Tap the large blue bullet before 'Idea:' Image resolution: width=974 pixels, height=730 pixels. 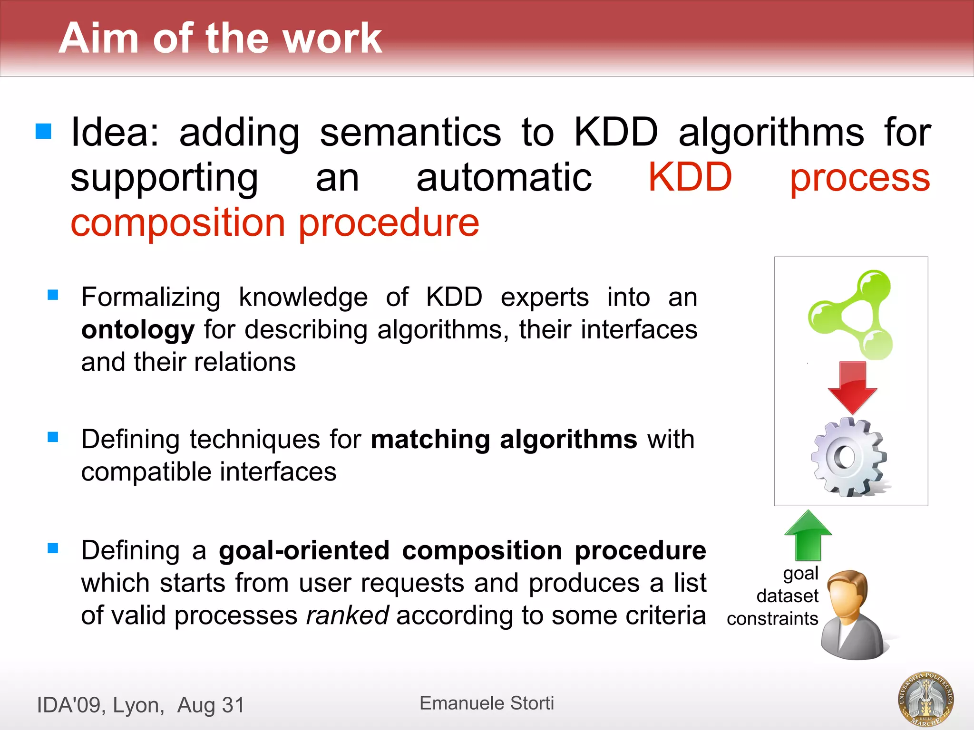tap(43, 131)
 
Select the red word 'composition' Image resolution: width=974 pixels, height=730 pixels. tap(178, 222)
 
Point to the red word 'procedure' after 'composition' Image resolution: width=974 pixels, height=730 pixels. tap(389, 222)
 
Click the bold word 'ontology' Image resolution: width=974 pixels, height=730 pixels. tap(138, 330)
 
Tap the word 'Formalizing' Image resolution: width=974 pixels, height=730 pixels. tap(151, 298)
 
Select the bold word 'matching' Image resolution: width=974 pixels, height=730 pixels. tap(430, 439)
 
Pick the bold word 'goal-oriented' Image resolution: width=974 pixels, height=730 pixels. tap(304, 550)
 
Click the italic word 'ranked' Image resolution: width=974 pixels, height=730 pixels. tap(347, 615)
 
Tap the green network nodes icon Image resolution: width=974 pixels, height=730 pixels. tap(850, 315)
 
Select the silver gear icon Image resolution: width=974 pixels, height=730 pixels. tap(849, 457)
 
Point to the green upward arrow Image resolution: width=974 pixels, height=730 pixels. tap(808, 535)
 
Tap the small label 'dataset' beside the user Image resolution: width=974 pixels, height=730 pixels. tap(787, 596)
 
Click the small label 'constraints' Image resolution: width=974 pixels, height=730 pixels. tap(772, 619)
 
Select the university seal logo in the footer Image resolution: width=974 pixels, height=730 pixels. tap(925, 699)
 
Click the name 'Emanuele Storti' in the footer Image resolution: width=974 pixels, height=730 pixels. tap(487, 703)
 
